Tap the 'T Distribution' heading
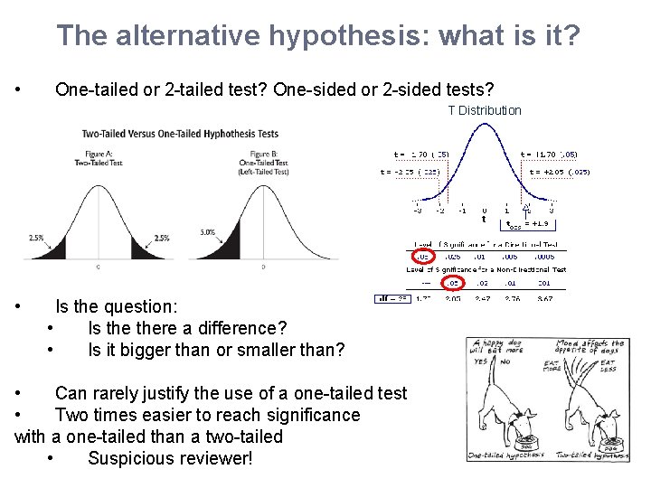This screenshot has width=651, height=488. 485,110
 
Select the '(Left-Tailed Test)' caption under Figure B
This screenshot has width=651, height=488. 263,171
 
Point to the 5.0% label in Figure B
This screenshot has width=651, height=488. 207,232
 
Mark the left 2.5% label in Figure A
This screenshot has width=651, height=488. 36,238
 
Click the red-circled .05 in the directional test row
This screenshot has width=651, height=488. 422,256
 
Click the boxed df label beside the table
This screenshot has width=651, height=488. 393,297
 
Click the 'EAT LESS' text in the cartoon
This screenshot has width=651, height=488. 609,366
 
